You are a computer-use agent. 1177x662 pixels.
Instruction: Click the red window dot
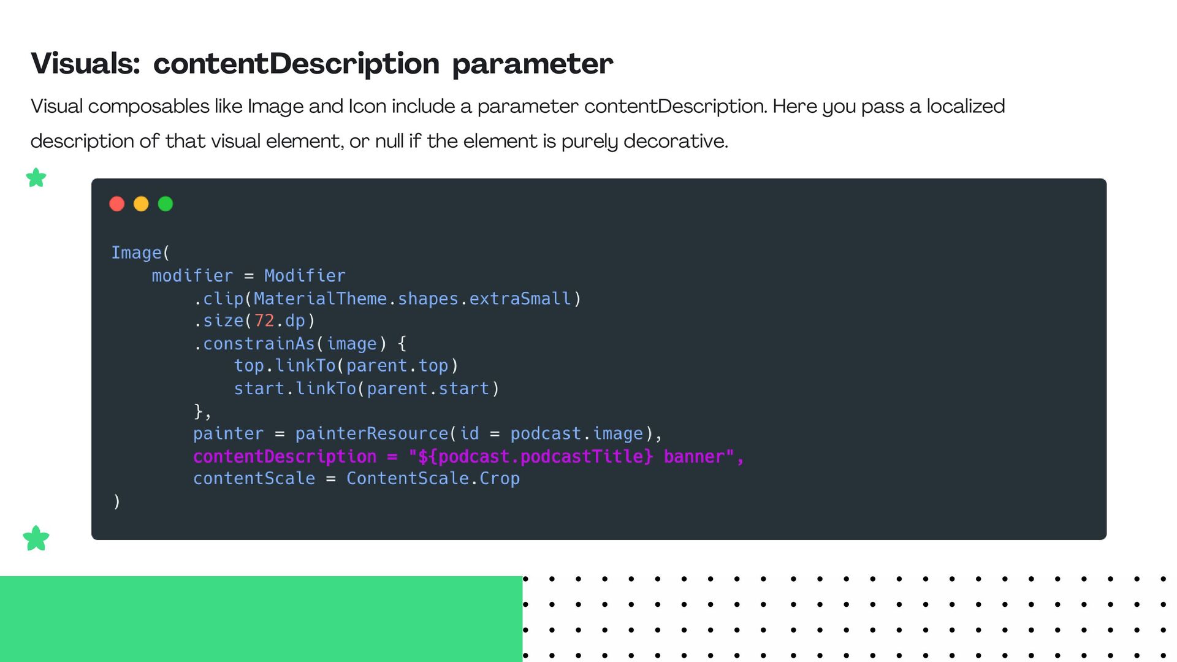coord(116,204)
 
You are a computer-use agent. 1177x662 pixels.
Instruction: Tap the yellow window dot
coord(141,204)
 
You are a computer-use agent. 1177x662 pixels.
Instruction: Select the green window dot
coord(166,204)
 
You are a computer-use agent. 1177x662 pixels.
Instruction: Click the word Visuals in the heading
coord(85,64)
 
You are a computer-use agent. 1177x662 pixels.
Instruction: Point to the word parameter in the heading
coord(532,64)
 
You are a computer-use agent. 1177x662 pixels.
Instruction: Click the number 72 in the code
coord(264,321)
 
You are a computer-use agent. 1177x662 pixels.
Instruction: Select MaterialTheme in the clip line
coord(320,299)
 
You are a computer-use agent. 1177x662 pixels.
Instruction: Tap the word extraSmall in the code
coord(520,299)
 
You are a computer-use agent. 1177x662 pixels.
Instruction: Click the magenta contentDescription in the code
coord(284,457)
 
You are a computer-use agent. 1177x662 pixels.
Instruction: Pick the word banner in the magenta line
coord(694,457)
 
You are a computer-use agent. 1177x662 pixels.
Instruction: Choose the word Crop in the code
coord(500,478)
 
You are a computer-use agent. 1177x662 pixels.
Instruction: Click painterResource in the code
coord(371,433)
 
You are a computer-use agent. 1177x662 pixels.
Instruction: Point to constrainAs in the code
coord(259,344)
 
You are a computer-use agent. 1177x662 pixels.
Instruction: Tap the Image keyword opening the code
coord(136,253)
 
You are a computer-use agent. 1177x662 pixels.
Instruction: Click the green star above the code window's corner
coord(36,178)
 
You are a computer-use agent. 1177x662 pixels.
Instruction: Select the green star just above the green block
coord(36,538)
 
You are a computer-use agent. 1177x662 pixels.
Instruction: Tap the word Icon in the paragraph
coord(367,106)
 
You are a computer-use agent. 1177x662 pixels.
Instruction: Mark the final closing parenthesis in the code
coord(116,501)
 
